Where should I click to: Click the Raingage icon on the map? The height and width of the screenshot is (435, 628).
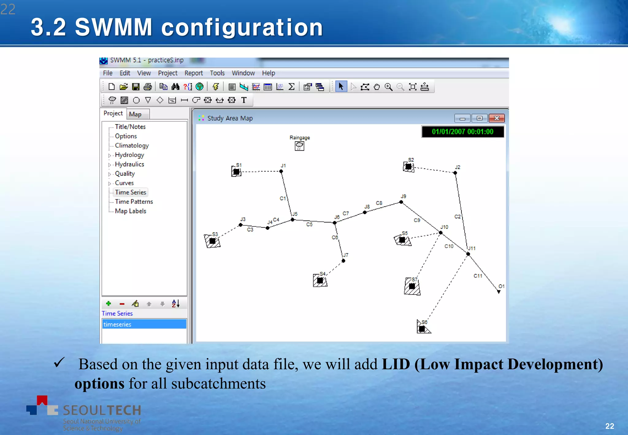[x=299, y=146]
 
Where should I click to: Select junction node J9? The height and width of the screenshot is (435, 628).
[x=401, y=202]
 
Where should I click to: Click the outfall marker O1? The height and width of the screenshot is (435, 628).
[x=499, y=292]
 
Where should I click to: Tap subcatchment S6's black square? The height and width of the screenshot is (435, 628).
[x=422, y=329]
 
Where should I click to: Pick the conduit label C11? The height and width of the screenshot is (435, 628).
[x=477, y=276]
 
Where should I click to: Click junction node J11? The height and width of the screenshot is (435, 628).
[x=468, y=254]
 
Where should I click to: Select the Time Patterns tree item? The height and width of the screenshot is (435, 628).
[x=134, y=202]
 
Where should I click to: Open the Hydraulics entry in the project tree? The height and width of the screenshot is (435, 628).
[x=129, y=164]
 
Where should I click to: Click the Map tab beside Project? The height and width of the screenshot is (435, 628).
[x=135, y=114]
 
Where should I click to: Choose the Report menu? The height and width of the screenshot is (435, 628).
[x=193, y=73]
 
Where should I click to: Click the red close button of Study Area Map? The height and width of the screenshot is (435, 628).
[x=496, y=118]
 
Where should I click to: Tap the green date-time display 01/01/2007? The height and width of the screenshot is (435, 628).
[x=462, y=132]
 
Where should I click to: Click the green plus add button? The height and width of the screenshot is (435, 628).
[x=109, y=304]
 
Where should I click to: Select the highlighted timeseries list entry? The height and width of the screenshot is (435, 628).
[x=144, y=324]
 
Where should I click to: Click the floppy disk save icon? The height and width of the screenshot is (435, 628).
[x=136, y=87]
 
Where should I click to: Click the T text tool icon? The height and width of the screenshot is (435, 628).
[x=244, y=100]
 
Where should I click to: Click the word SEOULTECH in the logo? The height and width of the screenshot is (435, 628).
[x=102, y=410]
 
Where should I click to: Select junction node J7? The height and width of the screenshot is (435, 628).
[x=343, y=261]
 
